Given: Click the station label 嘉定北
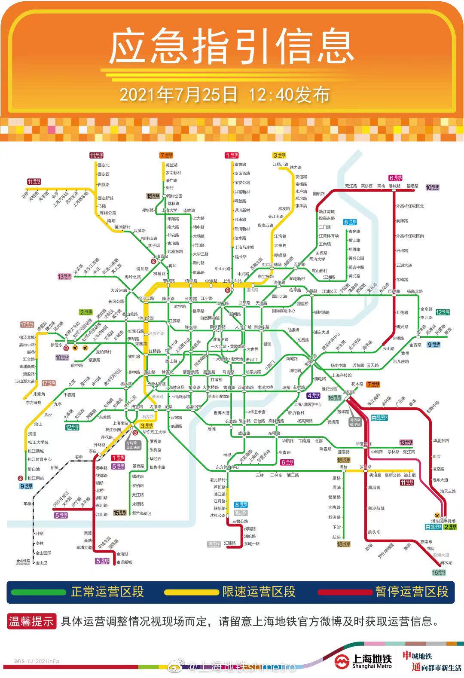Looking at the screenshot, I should (x=104, y=165).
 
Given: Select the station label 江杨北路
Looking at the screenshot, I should (x=281, y=165).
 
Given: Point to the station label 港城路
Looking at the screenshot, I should (x=394, y=186).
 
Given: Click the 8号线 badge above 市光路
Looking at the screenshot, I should (x=350, y=222).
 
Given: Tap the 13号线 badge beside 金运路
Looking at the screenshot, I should (x=64, y=277).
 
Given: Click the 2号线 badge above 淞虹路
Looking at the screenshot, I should (x=85, y=312).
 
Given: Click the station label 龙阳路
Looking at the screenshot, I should (x=348, y=392).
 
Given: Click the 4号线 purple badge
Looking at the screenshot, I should (x=313, y=396).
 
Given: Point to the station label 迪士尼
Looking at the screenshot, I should (x=410, y=475).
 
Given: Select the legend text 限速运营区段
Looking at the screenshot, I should (x=259, y=592).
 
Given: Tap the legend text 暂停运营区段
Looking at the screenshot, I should (x=412, y=592).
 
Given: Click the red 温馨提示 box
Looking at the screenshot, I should (x=31, y=621).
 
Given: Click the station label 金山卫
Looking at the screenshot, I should (x=42, y=563).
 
